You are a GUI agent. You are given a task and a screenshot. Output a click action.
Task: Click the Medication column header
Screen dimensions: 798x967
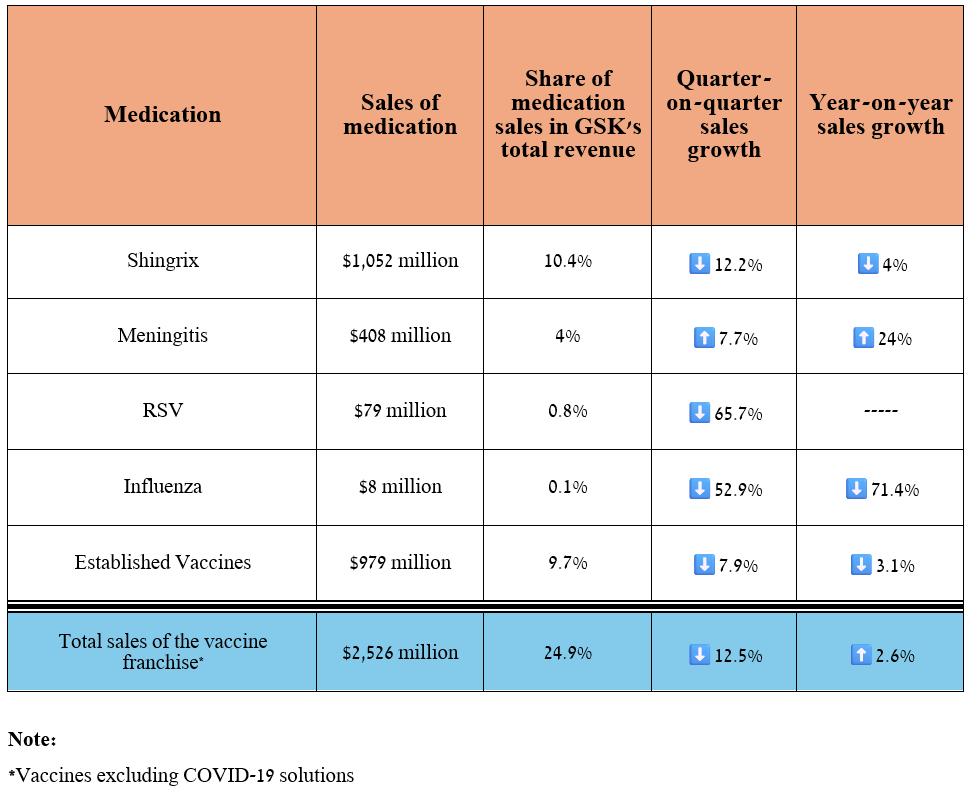(162, 115)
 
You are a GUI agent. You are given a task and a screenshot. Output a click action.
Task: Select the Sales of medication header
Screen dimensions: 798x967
(400, 115)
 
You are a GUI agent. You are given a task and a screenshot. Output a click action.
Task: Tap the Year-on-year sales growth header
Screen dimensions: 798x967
(880, 115)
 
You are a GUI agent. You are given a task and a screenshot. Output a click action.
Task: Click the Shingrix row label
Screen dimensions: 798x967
(162, 261)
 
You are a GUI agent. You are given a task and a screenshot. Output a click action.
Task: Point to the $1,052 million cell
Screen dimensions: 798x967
(400, 261)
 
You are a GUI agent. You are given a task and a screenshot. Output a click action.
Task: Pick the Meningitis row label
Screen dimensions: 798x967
(162, 336)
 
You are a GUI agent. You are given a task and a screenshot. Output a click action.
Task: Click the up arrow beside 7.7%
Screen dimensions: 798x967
(703, 338)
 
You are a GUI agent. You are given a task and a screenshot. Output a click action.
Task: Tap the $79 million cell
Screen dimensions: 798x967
(400, 411)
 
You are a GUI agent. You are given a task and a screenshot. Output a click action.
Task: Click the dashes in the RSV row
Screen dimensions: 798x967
(880, 412)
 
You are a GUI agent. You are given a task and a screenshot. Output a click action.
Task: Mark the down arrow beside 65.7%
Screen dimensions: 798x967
(700, 413)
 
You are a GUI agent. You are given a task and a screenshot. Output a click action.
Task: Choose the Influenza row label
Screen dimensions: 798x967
(162, 487)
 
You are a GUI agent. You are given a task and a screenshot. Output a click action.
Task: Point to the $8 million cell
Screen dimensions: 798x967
(400, 487)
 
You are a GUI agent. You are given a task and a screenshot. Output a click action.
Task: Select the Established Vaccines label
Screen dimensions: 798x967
(162, 562)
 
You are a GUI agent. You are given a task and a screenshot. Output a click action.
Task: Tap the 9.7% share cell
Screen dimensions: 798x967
(567, 563)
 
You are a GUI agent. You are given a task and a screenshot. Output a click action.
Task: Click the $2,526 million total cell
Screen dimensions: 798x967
(400, 653)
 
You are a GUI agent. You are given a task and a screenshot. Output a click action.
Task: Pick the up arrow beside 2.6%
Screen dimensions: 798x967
(860, 655)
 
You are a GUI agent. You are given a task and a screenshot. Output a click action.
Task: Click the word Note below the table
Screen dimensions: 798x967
(31, 740)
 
